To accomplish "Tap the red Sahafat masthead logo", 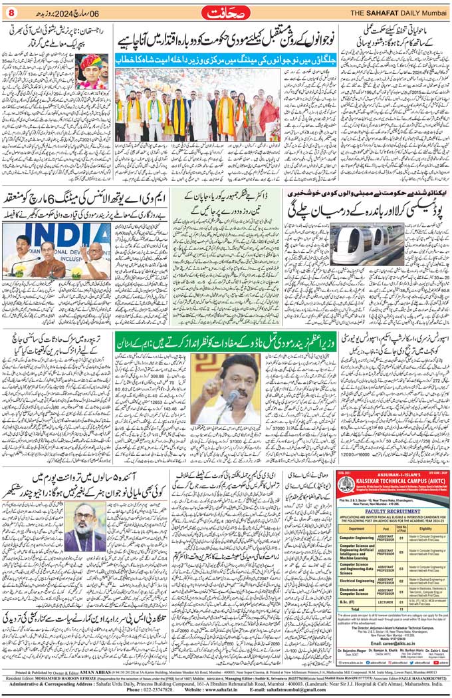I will coord(225,12).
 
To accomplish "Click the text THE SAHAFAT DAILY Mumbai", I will coord(398,12).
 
